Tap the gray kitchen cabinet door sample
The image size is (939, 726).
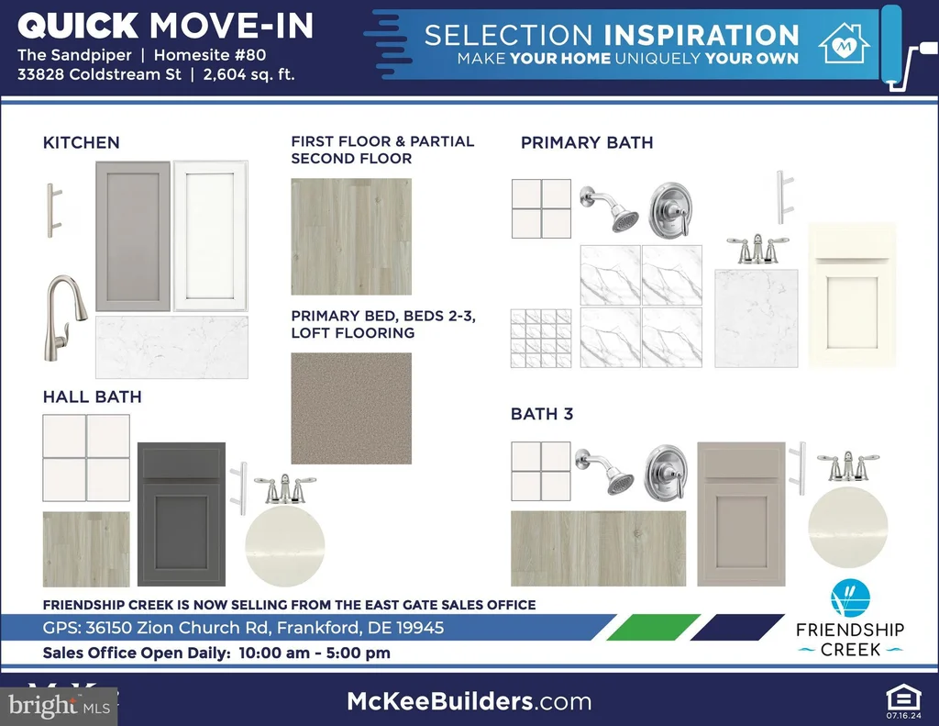click(133, 236)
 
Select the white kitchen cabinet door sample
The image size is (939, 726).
click(210, 236)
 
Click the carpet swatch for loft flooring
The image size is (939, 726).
click(351, 408)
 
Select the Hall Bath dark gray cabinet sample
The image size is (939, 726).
click(182, 514)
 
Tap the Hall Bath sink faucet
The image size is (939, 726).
click(285, 488)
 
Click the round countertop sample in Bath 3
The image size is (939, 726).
click(848, 528)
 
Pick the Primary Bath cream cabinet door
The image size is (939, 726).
click(852, 295)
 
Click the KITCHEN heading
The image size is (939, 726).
click(82, 142)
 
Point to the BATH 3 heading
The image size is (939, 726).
click(542, 414)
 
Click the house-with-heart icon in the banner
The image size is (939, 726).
click(845, 43)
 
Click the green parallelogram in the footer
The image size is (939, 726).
click(653, 627)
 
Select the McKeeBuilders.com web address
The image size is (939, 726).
click(469, 701)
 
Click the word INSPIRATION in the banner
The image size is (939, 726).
click(701, 36)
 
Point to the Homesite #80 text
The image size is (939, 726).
click(210, 55)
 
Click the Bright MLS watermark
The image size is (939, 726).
click(60, 706)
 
